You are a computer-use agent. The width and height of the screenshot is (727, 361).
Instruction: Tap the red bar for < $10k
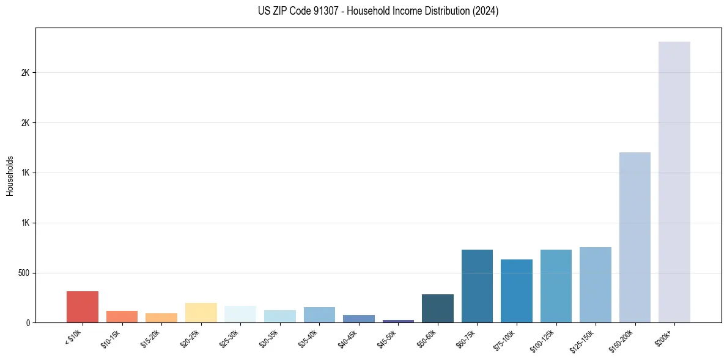click(83, 307)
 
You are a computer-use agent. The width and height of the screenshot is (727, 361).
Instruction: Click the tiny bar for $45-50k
click(398, 321)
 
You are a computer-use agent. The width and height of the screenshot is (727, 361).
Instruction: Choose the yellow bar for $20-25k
click(201, 312)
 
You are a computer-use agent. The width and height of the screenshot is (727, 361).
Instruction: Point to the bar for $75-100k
click(517, 291)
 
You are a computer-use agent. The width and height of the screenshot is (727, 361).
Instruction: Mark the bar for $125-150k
click(596, 285)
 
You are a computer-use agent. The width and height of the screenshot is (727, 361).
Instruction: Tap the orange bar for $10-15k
click(122, 316)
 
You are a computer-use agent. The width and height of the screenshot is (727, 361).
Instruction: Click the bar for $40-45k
click(359, 318)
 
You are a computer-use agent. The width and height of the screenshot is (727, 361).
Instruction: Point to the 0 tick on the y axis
click(28, 322)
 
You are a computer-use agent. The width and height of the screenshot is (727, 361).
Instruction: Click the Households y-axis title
click(10, 175)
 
